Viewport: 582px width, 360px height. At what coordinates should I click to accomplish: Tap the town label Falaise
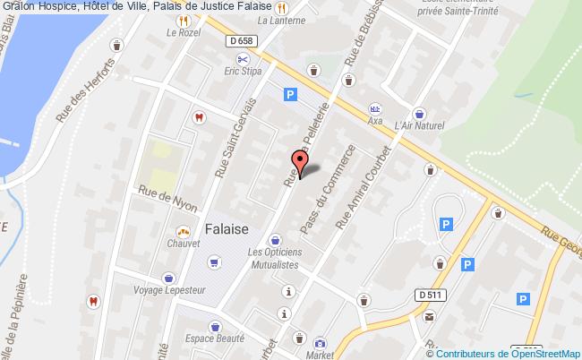click(x=227, y=228)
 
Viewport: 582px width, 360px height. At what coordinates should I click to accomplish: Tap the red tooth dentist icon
click(x=200, y=116)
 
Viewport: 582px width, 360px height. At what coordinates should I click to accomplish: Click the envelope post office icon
click(x=430, y=316)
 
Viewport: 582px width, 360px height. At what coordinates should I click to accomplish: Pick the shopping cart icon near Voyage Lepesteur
click(x=213, y=261)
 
